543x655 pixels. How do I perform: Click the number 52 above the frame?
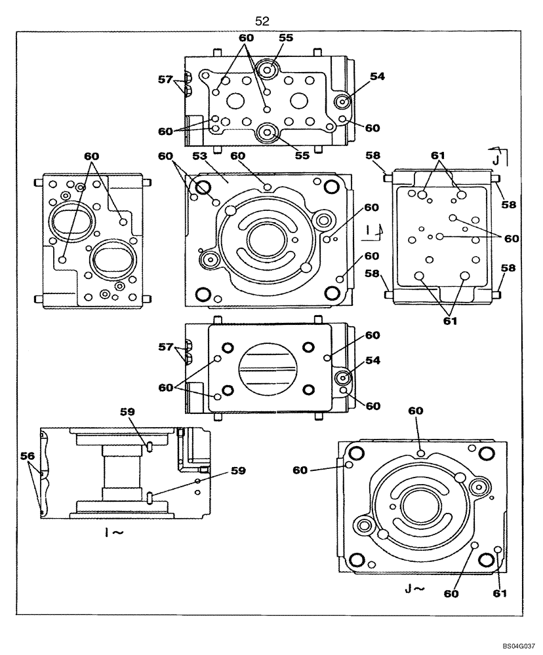(x=262, y=22)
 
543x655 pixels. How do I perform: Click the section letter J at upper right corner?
(x=496, y=159)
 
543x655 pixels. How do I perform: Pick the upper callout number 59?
(x=129, y=413)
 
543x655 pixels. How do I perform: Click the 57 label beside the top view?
(x=165, y=80)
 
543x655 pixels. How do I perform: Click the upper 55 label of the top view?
(x=285, y=38)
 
